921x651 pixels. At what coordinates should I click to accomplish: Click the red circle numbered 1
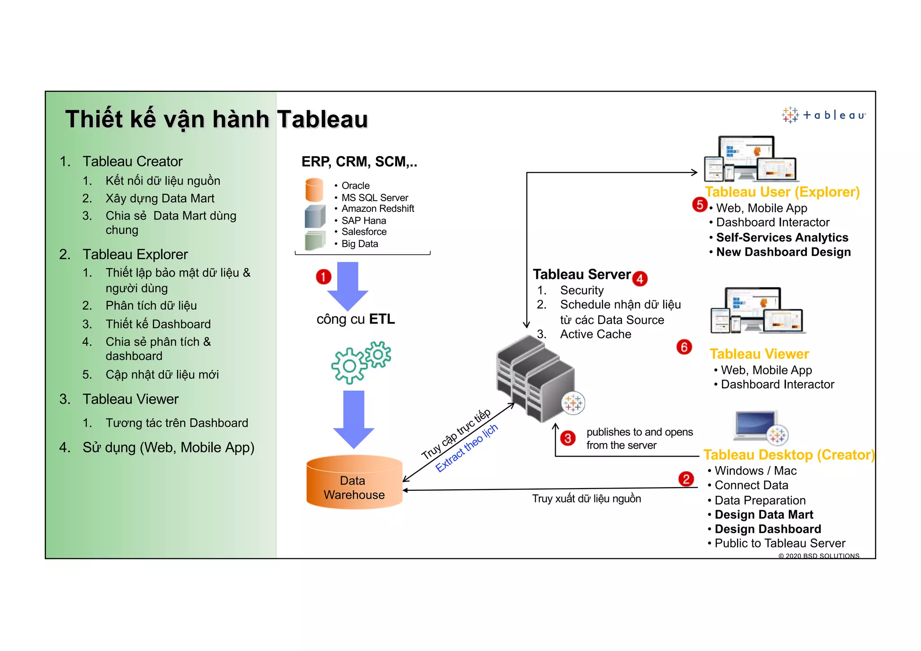click(323, 277)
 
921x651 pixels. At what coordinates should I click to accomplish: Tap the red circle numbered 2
click(686, 479)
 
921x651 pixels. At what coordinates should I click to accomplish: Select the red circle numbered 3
click(568, 438)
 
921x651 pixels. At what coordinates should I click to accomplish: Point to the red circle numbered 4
click(639, 279)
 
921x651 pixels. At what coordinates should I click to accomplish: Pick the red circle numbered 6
click(684, 347)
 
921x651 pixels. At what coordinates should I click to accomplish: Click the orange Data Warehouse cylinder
click(354, 482)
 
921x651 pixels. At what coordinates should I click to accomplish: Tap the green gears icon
click(361, 362)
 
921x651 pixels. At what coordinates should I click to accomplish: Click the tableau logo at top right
click(823, 115)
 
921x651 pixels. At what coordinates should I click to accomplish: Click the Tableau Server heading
click(582, 274)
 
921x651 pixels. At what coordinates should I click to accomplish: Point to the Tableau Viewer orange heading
click(759, 354)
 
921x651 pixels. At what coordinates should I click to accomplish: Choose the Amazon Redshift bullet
click(378, 209)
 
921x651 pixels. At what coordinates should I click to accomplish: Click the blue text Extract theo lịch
click(466, 448)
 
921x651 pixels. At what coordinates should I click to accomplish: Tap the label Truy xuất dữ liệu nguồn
click(586, 498)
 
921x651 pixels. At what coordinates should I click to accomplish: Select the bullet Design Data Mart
click(764, 515)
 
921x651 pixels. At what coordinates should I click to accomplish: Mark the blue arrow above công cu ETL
click(348, 285)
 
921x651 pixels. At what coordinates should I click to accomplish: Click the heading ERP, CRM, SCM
click(359, 162)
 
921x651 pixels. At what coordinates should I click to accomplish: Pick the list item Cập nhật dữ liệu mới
click(162, 375)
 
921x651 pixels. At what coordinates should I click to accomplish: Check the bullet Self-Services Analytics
click(782, 238)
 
